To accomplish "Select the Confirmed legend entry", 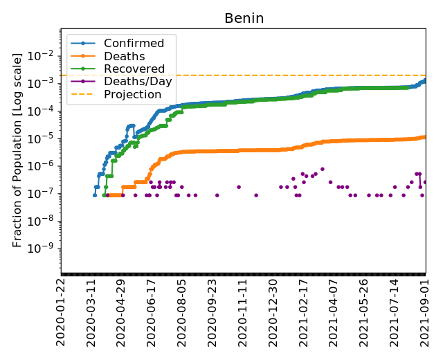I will click(134, 44).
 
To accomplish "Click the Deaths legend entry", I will click(124, 56).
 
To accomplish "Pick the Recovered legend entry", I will click(134, 69).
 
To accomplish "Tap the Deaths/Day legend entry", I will click(138, 82).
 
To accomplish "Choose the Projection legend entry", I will click(132, 94).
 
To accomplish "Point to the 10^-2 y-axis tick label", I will click(43, 55).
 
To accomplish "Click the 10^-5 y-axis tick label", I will click(43, 138).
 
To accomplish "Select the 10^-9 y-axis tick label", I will click(43, 249).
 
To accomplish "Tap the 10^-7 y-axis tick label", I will click(43, 193).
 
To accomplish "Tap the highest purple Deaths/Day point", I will click(323, 169).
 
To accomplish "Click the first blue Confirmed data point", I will click(95, 195).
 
